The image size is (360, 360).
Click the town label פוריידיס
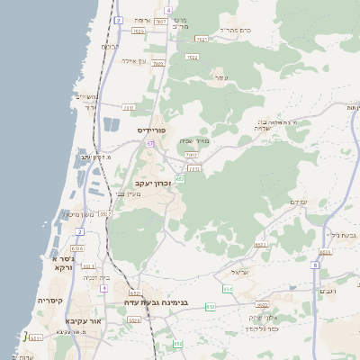click(x=154, y=130)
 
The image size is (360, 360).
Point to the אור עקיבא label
click(x=86, y=320)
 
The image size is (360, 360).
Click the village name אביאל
click(x=238, y=271)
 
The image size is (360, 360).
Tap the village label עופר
click(x=220, y=78)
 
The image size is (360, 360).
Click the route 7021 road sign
click(x=202, y=39)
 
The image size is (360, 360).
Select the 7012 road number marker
click(x=191, y=155)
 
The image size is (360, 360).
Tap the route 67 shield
click(x=151, y=143)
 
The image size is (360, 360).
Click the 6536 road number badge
click(x=77, y=247)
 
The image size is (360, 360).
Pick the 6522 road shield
click(x=262, y=305)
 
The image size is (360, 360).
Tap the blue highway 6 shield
click(x=315, y=265)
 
